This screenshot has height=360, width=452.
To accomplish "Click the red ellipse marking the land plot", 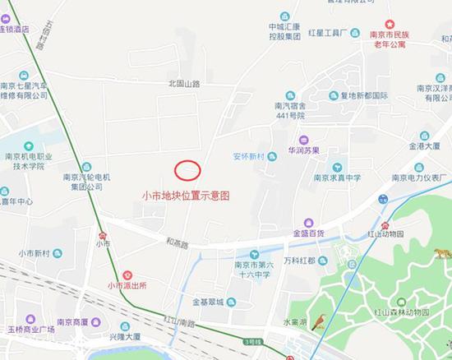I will (x=187, y=170).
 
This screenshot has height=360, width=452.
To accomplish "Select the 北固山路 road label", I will (x=184, y=83).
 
